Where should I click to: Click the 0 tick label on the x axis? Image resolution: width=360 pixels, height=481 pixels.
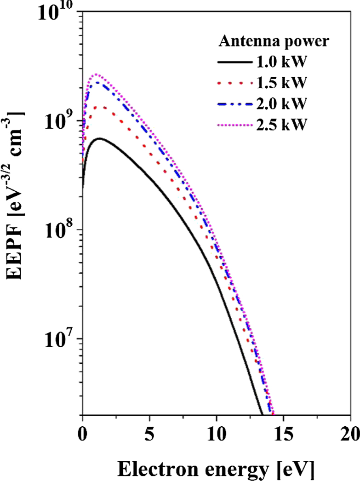(x=82, y=433)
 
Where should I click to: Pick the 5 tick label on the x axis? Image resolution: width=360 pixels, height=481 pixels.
(x=149, y=433)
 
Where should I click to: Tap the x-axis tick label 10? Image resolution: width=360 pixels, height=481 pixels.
(x=216, y=433)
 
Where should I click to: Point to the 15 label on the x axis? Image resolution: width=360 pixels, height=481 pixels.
(x=283, y=433)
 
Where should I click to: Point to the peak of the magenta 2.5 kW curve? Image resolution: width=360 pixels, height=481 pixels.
(x=97, y=74)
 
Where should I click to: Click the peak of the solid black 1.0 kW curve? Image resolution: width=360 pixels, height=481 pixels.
(x=99, y=138)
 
